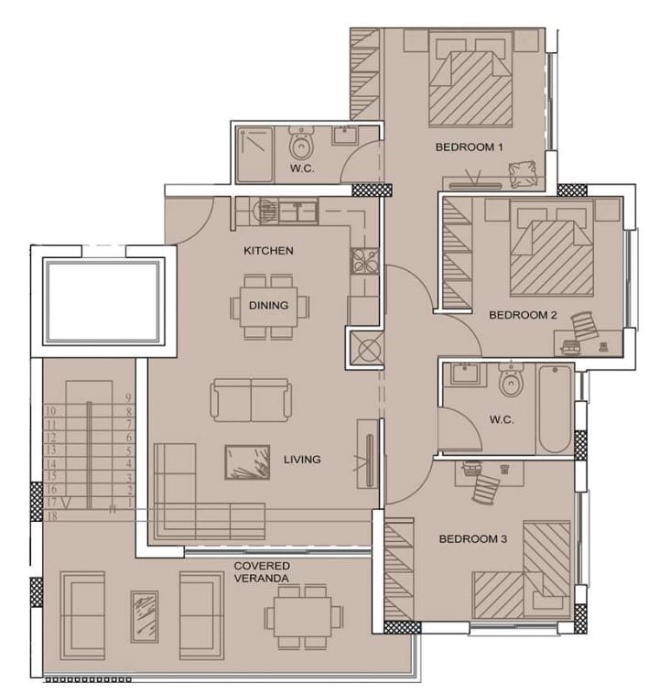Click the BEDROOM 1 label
[x=470, y=146]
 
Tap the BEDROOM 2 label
[x=523, y=315]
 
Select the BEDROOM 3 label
[x=472, y=538]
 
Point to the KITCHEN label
[x=268, y=251]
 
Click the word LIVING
[x=302, y=460]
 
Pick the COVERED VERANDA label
[x=262, y=572]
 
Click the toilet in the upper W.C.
[x=301, y=143]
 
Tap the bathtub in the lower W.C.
[x=555, y=408]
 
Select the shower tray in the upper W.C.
[x=254, y=155]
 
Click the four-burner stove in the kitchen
[x=364, y=261]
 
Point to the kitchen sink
[x=298, y=211]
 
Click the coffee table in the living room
[x=247, y=462]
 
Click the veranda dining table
[x=303, y=616]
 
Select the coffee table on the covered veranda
[x=145, y=616]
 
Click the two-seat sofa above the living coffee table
[x=251, y=400]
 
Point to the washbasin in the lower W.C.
[x=465, y=374]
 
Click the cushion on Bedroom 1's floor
[x=523, y=174]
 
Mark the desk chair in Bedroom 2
[x=583, y=325]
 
